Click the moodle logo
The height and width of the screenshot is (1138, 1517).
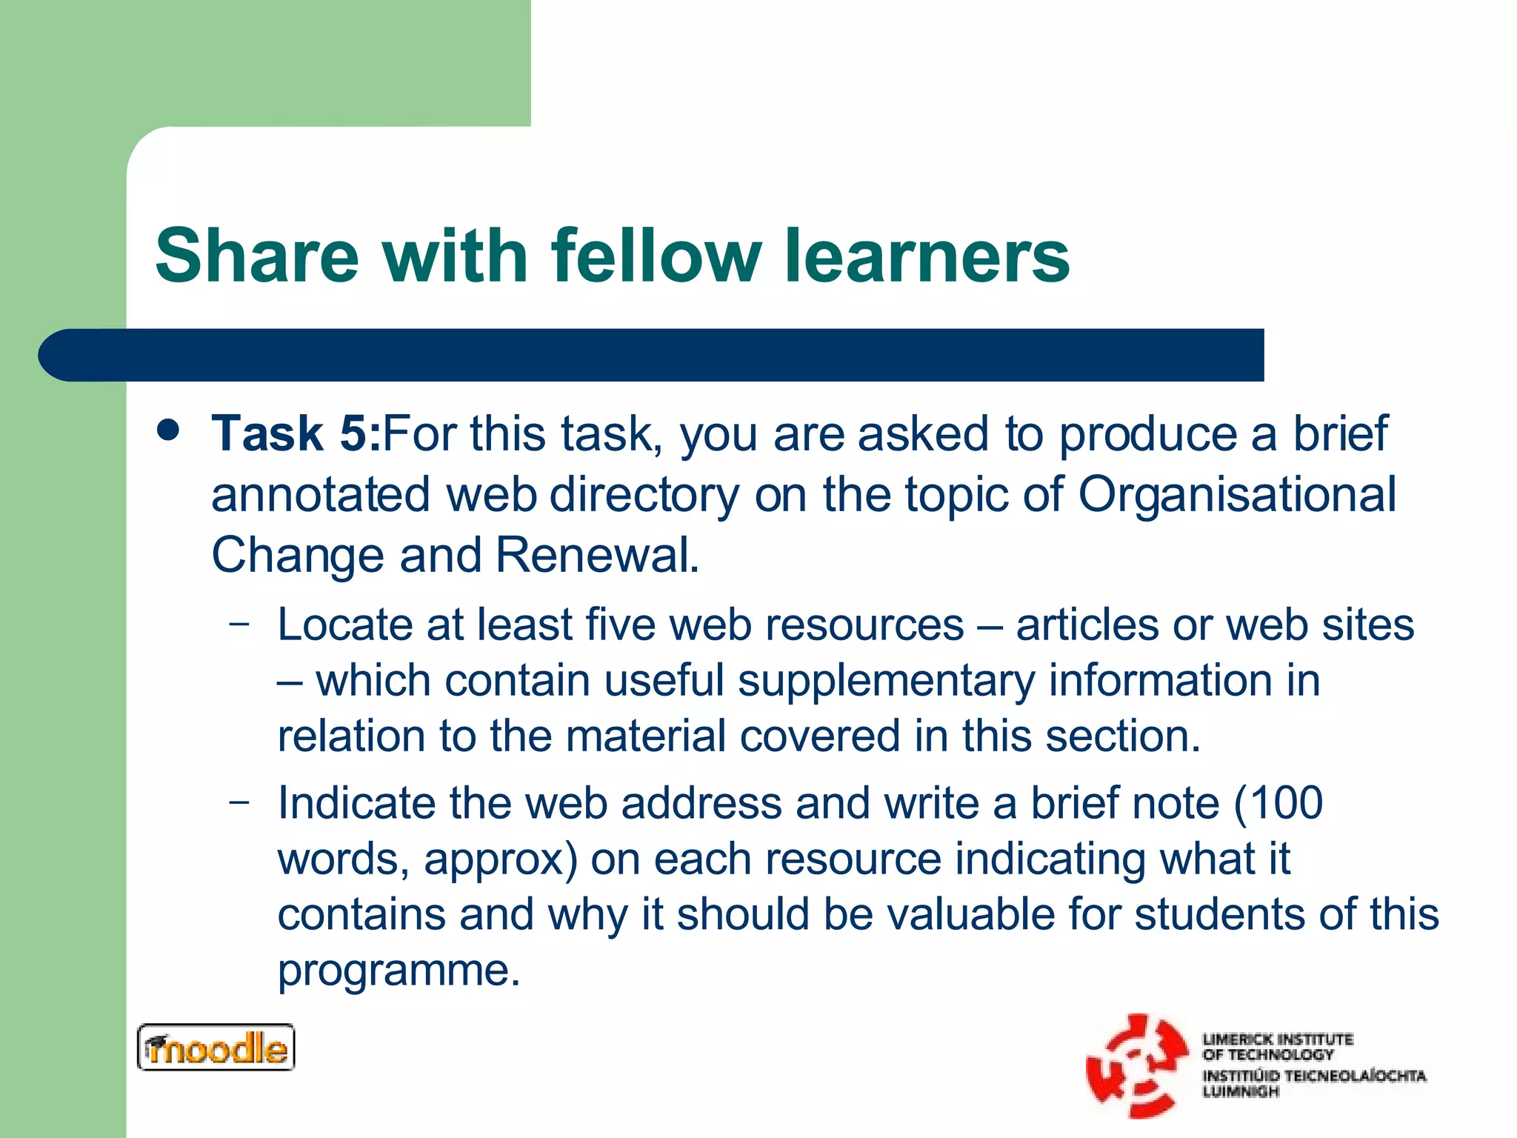point(216,1048)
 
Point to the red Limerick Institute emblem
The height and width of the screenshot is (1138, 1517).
point(1136,1065)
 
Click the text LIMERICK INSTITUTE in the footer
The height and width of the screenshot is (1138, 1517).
point(1277,1039)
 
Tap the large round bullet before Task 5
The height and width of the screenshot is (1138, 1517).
point(169,430)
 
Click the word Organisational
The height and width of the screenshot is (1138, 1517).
point(1236,494)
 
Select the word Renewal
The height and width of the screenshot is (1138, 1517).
point(596,555)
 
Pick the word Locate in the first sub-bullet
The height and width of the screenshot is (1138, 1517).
point(344,625)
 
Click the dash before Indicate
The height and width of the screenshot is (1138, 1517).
point(239,802)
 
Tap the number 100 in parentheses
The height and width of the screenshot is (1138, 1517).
point(1286,803)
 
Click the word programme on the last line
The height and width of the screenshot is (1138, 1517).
point(399,971)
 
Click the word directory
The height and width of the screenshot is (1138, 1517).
point(644,494)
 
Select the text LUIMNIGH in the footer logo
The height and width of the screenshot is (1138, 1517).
point(1241,1092)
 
